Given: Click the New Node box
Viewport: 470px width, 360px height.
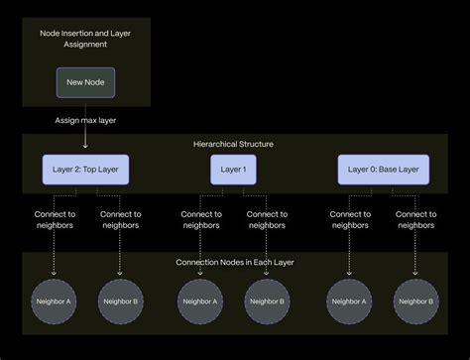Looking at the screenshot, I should click(85, 82).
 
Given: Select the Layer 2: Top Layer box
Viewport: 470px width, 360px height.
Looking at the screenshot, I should click(85, 170).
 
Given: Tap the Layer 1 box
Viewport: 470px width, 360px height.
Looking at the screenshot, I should click(233, 170).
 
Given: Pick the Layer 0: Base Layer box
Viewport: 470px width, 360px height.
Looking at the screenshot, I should click(383, 170).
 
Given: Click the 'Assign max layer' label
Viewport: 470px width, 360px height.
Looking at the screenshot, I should click(85, 120).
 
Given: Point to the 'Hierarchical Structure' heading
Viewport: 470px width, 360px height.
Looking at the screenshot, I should click(233, 145).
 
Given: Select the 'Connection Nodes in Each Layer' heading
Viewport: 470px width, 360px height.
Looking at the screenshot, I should click(233, 262).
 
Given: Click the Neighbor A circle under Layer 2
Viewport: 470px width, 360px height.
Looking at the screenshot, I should click(54, 301).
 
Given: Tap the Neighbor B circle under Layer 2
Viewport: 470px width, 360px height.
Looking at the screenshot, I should click(120, 301).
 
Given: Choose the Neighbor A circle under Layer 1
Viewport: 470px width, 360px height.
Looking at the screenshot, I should click(201, 301).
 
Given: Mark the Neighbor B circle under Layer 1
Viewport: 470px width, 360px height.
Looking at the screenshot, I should click(267, 301).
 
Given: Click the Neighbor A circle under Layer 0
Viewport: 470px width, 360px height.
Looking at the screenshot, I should click(349, 301).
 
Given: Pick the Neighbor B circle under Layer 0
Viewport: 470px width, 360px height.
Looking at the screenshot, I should click(415, 301).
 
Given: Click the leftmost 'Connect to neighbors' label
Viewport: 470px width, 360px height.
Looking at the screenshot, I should click(54, 219).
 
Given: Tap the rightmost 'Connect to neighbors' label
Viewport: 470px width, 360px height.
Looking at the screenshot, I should click(415, 219).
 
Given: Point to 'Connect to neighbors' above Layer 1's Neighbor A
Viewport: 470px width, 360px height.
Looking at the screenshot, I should click(201, 219).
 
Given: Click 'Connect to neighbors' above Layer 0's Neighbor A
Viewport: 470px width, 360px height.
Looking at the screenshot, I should click(349, 219).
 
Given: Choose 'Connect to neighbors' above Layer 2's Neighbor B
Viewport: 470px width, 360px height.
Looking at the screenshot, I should click(120, 219).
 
